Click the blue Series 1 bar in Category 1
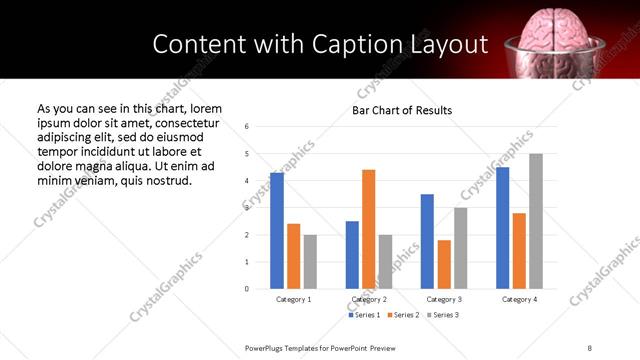coord(277,231)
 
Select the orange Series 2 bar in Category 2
coord(368,229)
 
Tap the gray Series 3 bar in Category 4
coord(536,221)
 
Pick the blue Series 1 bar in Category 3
coord(427,241)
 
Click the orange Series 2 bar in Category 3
coord(444,264)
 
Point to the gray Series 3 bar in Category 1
coord(310,262)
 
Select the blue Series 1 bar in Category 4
coord(502,228)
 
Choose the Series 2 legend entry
coord(403,315)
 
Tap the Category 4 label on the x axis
coord(519,299)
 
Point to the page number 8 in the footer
coord(589,347)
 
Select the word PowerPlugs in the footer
coord(265,347)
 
